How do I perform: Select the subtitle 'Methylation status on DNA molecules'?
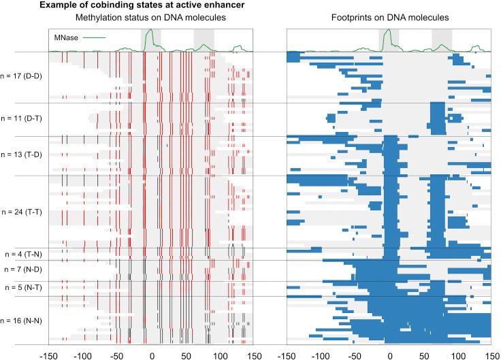point(150,17)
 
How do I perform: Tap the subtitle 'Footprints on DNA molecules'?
point(389,17)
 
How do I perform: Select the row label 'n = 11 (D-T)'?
point(22,118)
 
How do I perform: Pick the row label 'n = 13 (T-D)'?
point(22,155)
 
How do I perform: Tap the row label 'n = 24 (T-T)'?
point(22,212)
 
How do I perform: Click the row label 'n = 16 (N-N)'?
point(22,319)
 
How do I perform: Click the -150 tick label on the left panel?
point(48,354)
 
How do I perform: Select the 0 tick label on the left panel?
point(150,354)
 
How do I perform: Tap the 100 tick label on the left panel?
point(219,354)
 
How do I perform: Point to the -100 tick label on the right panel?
point(321,354)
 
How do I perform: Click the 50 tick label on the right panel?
point(423,354)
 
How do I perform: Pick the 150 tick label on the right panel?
point(491,354)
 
